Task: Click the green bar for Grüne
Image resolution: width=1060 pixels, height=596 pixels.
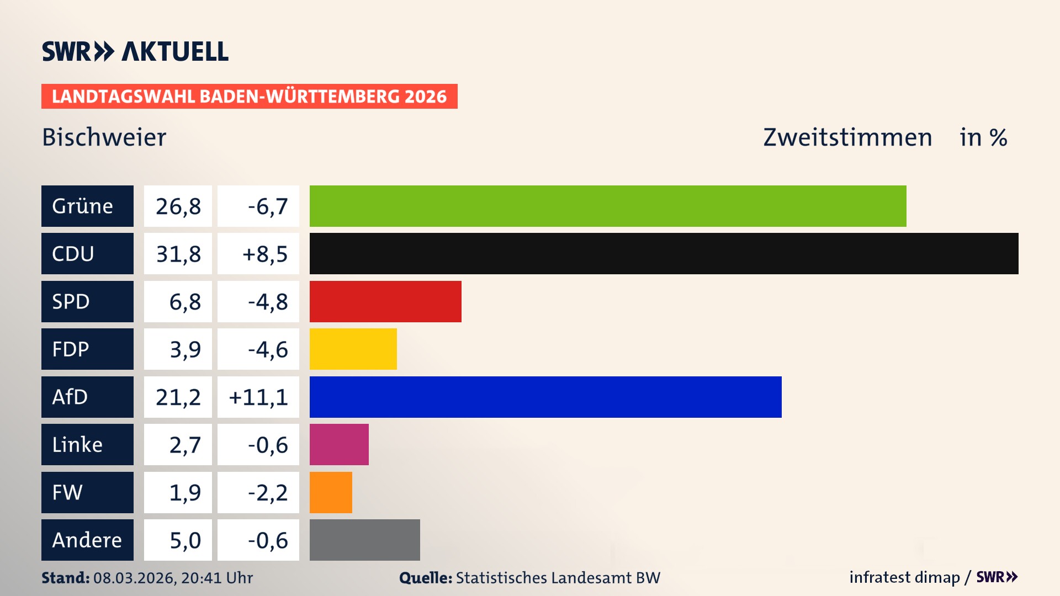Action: (607, 206)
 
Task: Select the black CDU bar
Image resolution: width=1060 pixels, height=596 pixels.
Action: (662, 253)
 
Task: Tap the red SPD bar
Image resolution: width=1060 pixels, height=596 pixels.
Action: (385, 301)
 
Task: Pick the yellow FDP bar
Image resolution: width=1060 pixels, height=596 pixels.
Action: (353, 349)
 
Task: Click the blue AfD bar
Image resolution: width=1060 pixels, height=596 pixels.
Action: (545, 397)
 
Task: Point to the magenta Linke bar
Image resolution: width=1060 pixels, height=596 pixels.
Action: (338, 444)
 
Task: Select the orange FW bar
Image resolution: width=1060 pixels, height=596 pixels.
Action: (330, 492)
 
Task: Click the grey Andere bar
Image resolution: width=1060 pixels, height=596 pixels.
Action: (364, 540)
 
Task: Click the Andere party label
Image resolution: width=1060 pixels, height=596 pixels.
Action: (87, 540)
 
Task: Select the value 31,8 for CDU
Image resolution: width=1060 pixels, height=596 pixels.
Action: (178, 254)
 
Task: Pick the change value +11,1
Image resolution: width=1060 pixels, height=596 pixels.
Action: (258, 397)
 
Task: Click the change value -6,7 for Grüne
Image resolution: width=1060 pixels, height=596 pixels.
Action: (268, 206)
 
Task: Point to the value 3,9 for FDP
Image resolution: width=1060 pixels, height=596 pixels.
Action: (185, 349)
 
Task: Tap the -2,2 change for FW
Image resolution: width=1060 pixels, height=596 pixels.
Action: (268, 492)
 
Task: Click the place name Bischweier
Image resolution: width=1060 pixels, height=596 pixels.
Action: (104, 137)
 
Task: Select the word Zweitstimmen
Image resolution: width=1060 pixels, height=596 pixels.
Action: (847, 137)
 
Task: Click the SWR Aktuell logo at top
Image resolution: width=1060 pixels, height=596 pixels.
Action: (135, 51)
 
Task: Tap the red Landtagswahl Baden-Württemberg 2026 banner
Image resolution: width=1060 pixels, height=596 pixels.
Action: (249, 96)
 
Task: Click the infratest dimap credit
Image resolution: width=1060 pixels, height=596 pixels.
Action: (904, 577)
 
